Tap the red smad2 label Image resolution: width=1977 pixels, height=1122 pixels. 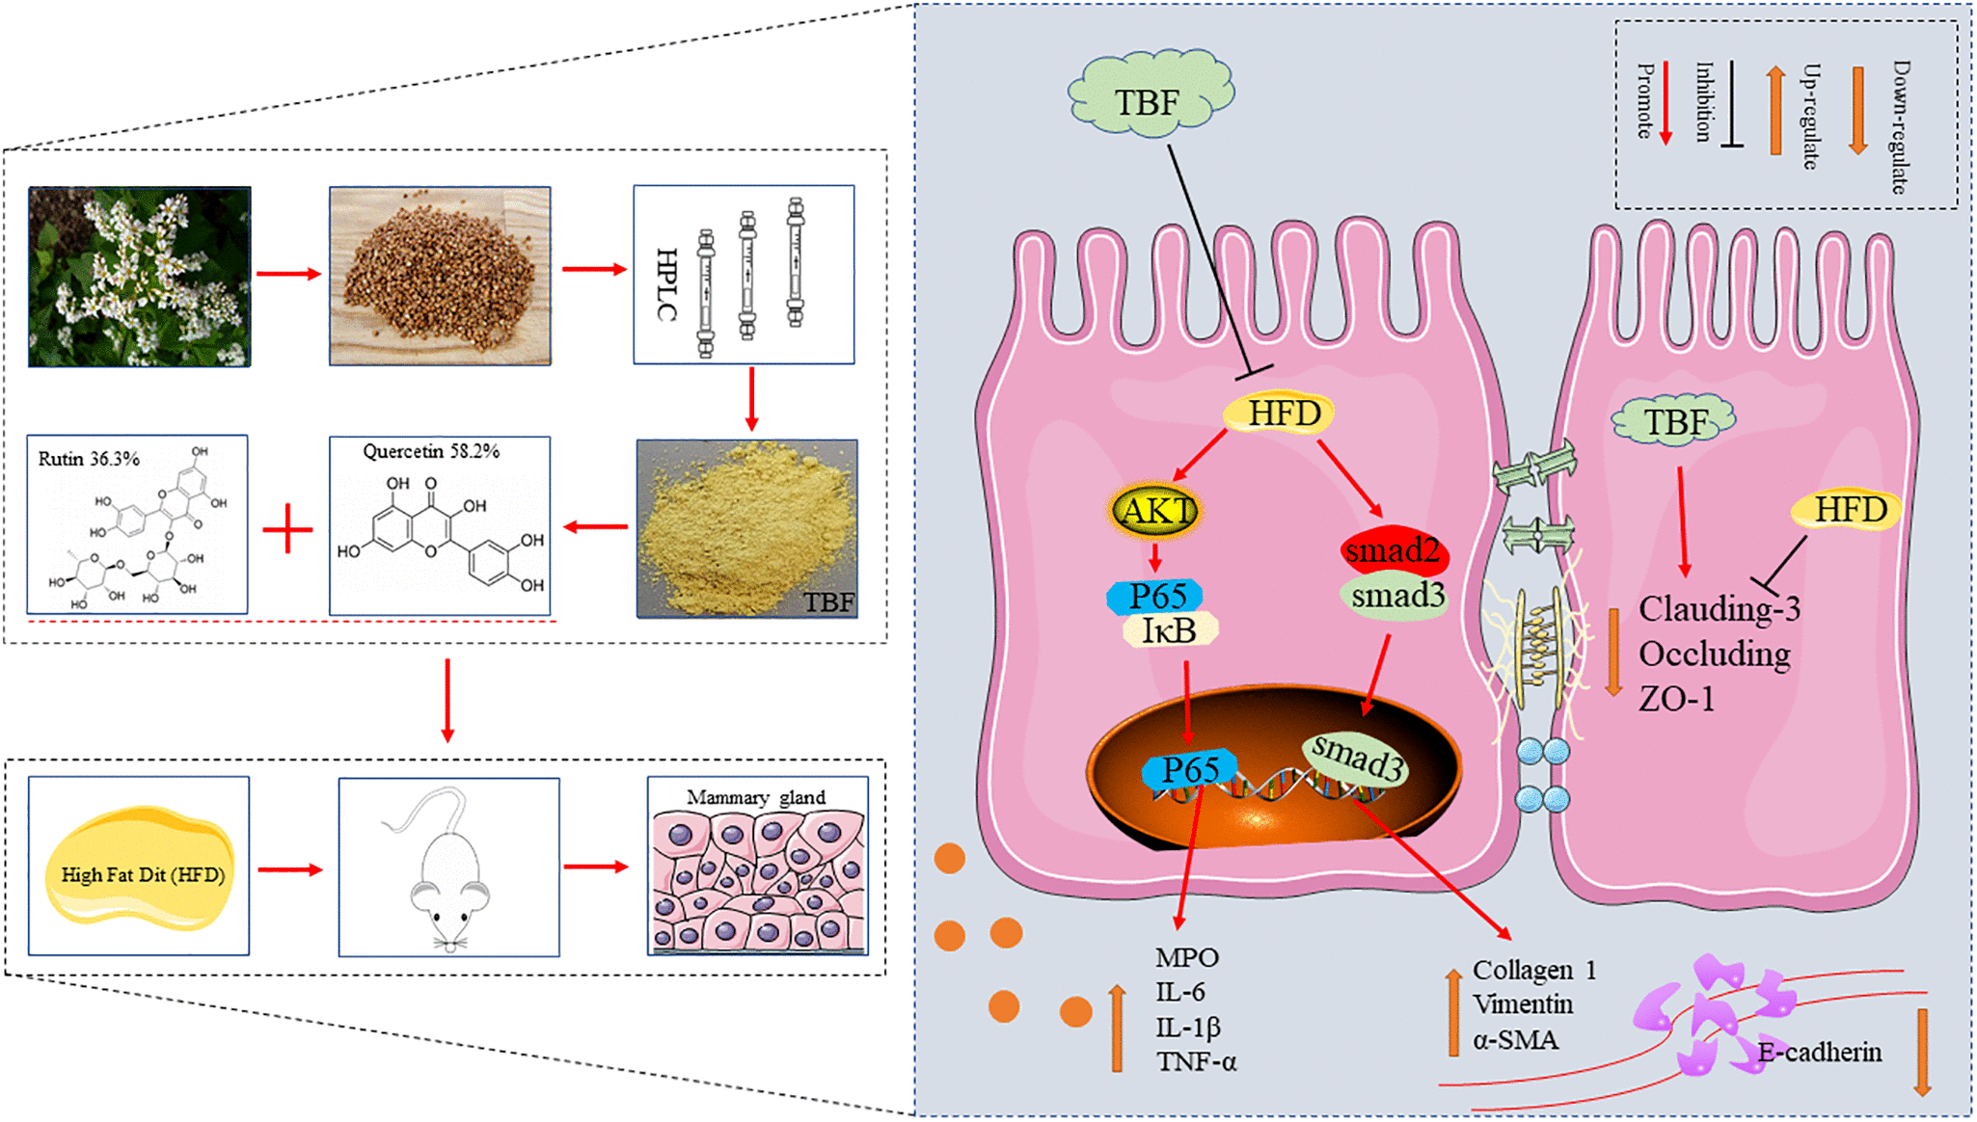coord(1393,550)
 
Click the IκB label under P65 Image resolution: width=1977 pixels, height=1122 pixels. coord(1169,630)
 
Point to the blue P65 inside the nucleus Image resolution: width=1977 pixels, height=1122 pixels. coord(1190,769)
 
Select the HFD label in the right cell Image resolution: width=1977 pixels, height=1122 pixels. coord(1849,509)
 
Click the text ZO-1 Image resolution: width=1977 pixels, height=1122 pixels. coord(1676,699)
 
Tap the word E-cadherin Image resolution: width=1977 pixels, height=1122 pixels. coord(1819,1052)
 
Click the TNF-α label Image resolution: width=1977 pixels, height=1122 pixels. coord(1196,1062)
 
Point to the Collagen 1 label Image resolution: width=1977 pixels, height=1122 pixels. coord(1533,970)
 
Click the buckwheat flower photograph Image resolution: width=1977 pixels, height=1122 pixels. coord(140,277)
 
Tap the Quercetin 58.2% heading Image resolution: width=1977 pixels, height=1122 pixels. coord(431,451)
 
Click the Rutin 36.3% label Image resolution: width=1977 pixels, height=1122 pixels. coord(89,459)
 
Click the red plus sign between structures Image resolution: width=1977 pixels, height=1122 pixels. coord(287,530)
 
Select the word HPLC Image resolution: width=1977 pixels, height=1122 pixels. coord(666,283)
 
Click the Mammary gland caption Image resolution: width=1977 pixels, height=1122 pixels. coord(755,797)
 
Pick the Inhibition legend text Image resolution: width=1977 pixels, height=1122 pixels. coord(1704,102)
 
